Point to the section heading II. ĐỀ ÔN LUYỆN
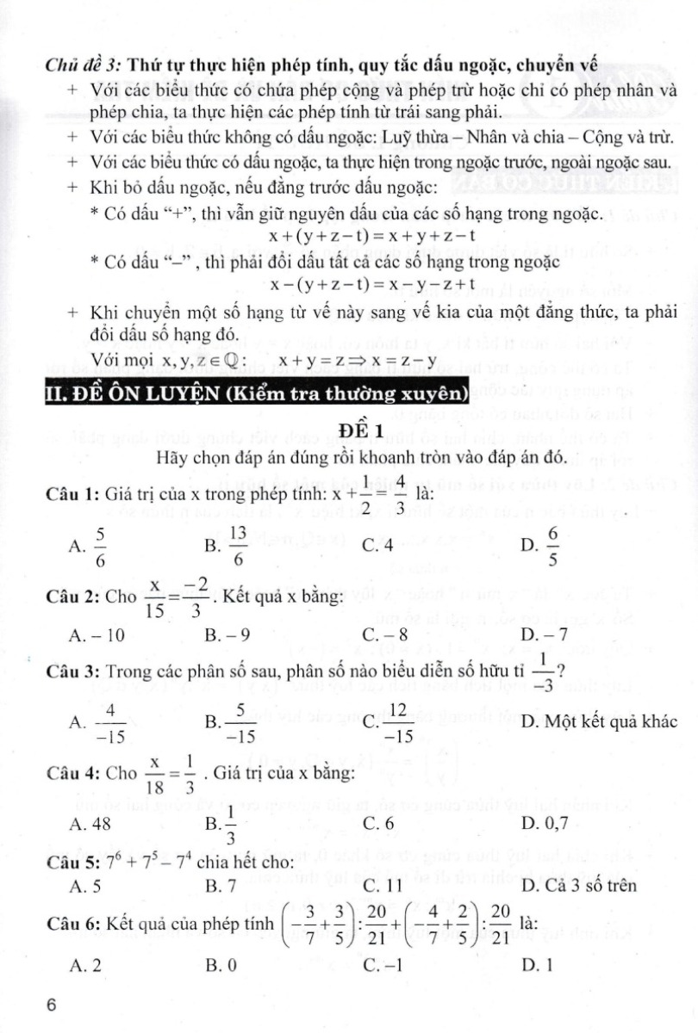[x=255, y=396]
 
